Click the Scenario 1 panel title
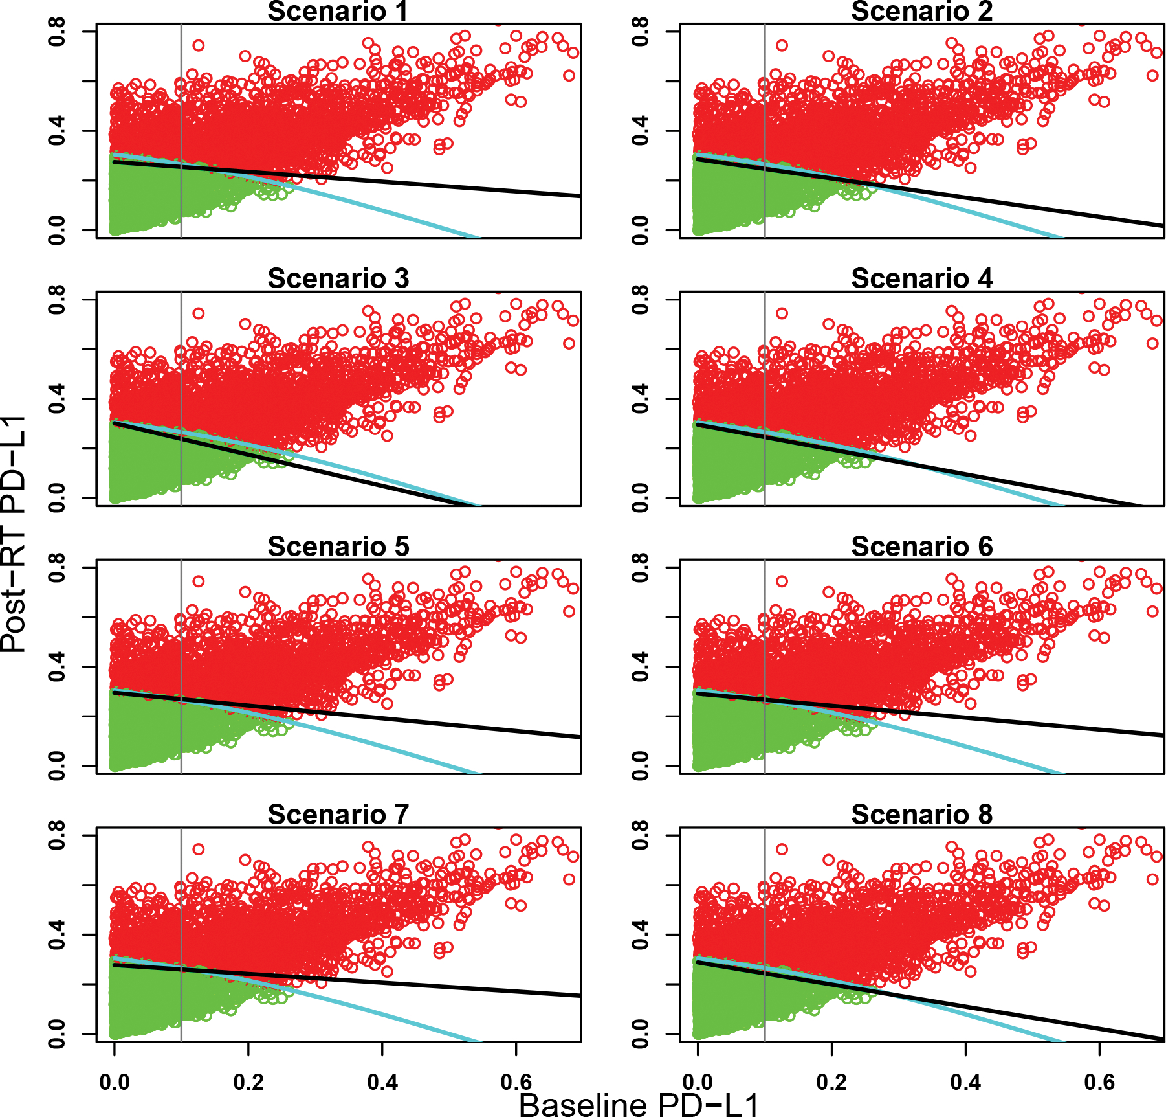(338, 12)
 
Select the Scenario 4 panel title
(921, 278)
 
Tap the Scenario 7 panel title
(338, 815)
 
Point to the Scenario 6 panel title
(921, 547)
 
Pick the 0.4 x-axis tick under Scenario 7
(382, 1082)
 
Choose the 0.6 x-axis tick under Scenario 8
(1099, 1082)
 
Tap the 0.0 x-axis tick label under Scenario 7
(115, 1082)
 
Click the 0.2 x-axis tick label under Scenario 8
(831, 1082)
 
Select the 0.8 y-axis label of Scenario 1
(57, 31)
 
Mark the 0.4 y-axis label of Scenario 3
(57, 398)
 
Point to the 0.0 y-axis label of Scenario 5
(57, 765)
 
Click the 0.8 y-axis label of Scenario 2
(641, 31)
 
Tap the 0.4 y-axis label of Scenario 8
(641, 934)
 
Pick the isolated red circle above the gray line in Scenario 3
(199, 313)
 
